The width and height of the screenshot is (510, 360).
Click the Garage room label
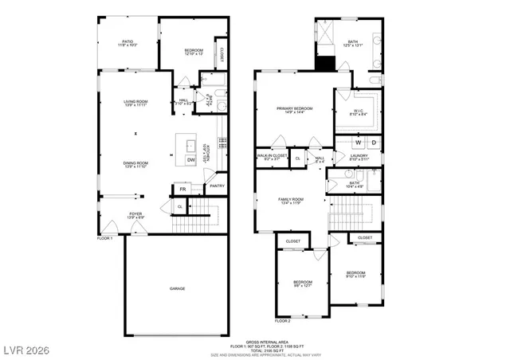[x=177, y=288]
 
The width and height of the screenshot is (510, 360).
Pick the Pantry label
[x=218, y=186]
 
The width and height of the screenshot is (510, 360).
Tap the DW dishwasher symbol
[x=191, y=160]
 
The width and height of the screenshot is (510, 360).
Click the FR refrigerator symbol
[x=182, y=189]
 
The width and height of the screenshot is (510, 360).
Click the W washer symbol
[x=358, y=143]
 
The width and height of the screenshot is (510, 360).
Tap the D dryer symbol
[x=373, y=143]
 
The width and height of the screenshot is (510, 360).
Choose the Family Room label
[x=290, y=201]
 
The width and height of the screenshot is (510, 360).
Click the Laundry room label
[x=359, y=157]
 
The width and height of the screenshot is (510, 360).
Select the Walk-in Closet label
[x=272, y=157]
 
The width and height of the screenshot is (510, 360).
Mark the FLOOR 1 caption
[x=105, y=238]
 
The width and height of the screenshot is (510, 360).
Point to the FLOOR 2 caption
[x=283, y=321]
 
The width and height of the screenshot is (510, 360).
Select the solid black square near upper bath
[x=325, y=65]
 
